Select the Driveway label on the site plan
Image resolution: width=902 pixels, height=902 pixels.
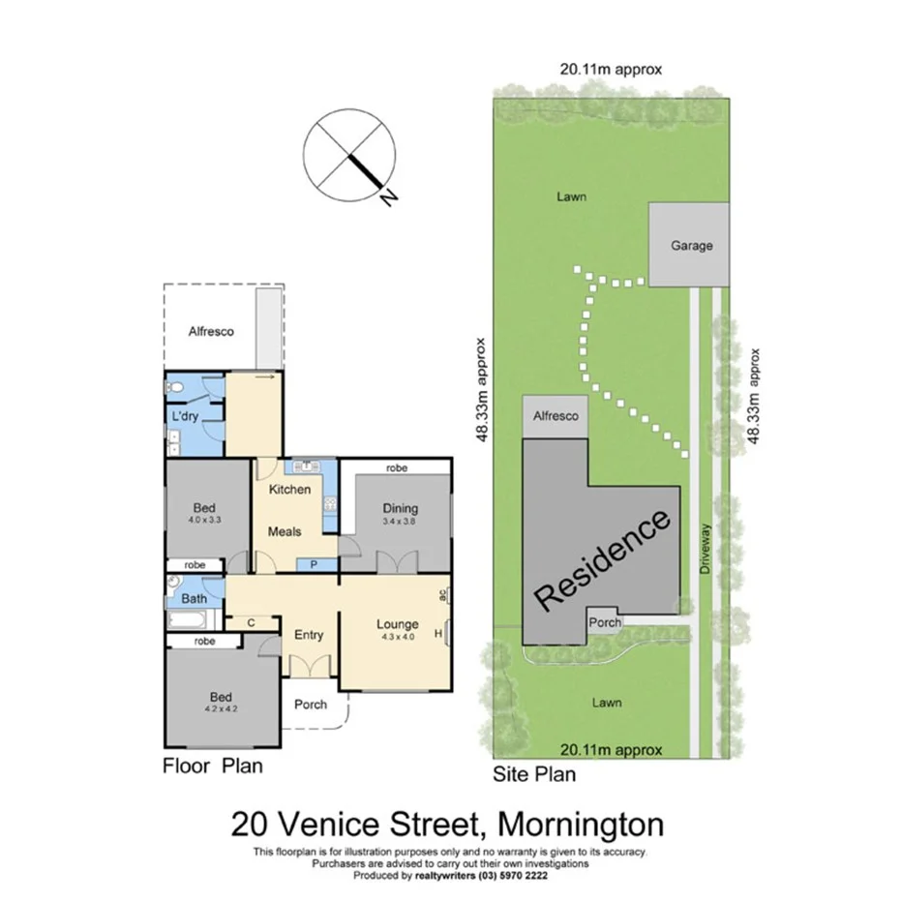point(706,551)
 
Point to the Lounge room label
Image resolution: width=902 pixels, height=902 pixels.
point(397,624)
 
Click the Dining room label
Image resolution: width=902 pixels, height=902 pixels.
point(400,508)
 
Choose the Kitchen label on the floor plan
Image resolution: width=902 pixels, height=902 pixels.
point(289,489)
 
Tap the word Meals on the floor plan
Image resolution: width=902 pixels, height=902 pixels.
point(285,531)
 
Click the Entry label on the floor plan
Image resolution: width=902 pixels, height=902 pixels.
point(309,635)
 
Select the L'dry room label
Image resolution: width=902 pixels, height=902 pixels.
point(185,417)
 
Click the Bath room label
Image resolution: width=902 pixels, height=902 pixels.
point(195,598)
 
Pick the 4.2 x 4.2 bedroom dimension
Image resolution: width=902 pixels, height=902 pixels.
point(221,708)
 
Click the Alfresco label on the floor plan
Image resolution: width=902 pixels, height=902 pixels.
point(211,331)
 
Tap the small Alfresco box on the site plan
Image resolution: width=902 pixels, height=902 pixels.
point(556,416)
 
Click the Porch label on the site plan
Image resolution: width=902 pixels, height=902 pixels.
point(605,622)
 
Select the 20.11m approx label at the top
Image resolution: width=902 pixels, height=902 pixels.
point(610,69)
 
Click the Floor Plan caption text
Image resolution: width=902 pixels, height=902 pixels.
point(212,767)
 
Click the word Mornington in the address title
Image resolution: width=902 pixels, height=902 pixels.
point(580,826)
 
